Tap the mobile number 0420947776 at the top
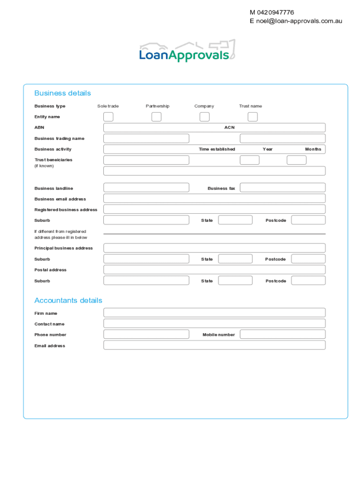[275, 13]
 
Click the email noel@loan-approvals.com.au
[299, 21]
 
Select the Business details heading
[63, 93]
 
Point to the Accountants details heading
[68, 300]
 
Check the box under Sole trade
[108, 117]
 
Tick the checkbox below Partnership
[157, 117]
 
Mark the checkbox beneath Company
[204, 117]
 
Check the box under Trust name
[252, 117]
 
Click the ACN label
[229, 127]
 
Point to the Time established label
[217, 149]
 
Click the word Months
[313, 149]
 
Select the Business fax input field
[282, 188]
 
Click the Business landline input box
[146, 188]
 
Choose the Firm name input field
[214, 312]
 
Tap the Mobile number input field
[282, 334]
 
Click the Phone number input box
[146, 334]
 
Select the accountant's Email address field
[214, 345]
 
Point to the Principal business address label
[64, 248]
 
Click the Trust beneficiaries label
[53, 160]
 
